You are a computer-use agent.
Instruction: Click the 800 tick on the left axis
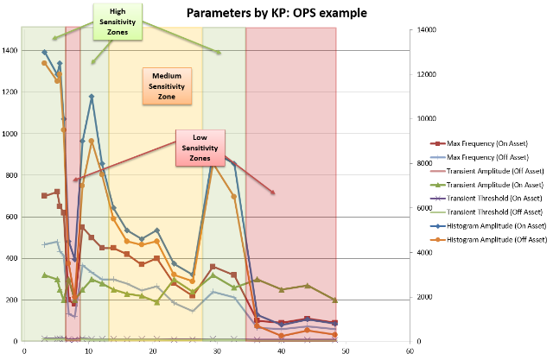pos(11,176)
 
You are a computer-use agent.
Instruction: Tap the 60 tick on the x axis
pos(409,351)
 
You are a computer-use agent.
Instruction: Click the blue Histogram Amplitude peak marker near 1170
pos(92,98)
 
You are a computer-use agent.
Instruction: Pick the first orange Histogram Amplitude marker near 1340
pos(44,63)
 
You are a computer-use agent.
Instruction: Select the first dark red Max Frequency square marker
pos(44,196)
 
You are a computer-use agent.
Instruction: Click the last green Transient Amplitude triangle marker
pos(335,300)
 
